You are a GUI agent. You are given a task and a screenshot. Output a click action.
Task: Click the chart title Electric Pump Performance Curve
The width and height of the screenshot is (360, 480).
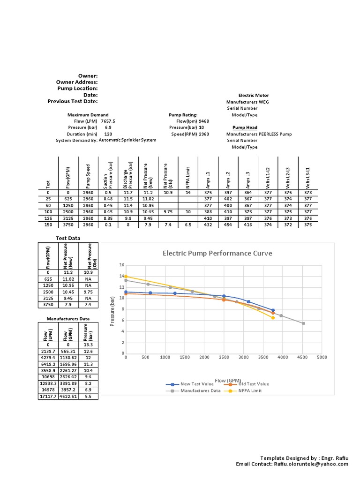click(217, 253)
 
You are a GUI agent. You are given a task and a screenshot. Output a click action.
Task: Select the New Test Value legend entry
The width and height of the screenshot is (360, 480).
click(192, 384)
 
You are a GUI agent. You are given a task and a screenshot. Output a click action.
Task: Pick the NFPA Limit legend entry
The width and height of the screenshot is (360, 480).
click(250, 390)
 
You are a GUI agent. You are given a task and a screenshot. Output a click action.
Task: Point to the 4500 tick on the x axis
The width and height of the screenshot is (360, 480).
click(302, 357)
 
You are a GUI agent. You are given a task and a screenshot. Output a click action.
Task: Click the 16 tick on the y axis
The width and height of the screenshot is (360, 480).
click(121, 265)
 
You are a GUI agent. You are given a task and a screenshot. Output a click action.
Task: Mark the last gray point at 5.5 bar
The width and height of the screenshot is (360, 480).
click(303, 323)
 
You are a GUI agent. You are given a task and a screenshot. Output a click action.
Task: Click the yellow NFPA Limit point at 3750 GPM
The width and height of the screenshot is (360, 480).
click(273, 318)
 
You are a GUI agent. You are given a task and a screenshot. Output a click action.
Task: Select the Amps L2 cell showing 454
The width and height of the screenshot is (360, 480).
click(228, 225)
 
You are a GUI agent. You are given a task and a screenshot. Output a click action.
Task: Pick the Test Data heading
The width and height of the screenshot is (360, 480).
click(68, 238)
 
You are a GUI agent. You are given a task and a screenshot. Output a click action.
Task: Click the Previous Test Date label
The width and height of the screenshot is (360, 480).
click(73, 101)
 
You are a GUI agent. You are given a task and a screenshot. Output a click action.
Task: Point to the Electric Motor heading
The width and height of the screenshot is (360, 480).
click(254, 95)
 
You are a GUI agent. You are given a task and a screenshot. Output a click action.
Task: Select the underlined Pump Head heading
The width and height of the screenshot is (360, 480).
click(245, 127)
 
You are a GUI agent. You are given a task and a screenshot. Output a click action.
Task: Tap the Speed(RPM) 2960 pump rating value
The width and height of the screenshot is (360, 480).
click(204, 134)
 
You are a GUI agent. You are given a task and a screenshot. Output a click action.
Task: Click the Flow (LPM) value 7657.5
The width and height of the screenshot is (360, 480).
click(108, 121)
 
